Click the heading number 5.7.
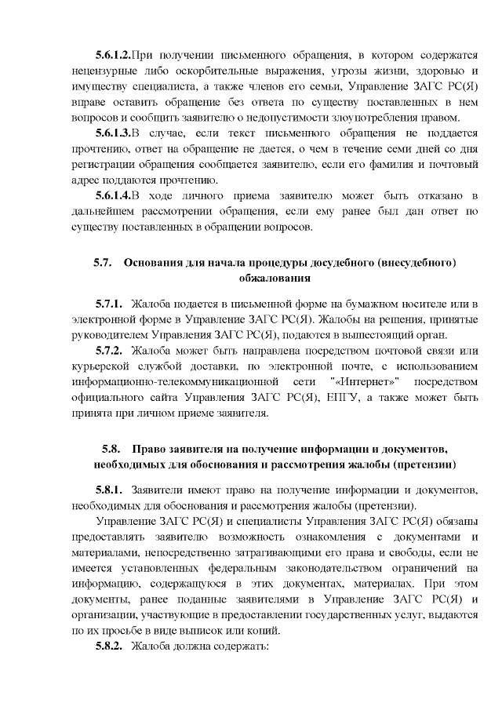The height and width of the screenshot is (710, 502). click(104, 261)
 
